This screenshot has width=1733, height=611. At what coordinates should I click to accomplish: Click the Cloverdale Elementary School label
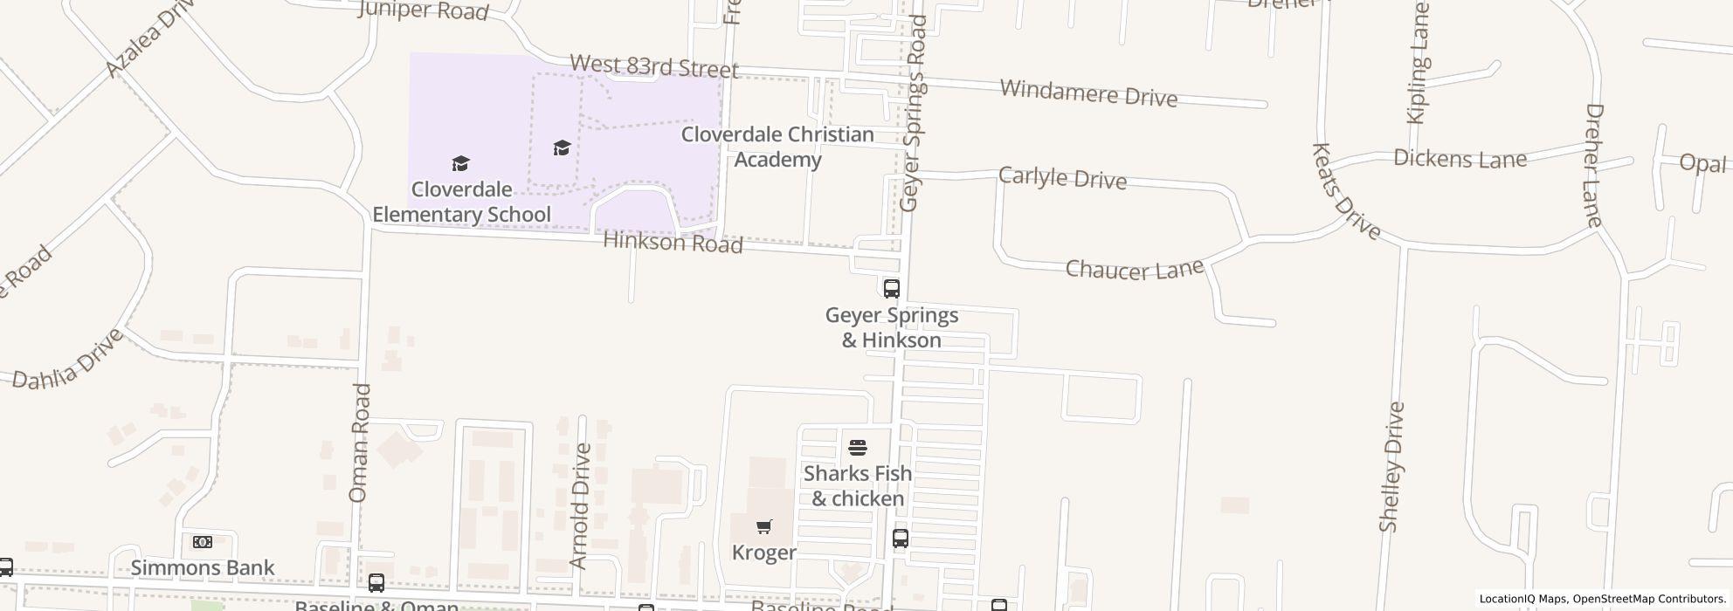(x=461, y=202)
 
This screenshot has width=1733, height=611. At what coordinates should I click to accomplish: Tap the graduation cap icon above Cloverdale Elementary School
(x=460, y=163)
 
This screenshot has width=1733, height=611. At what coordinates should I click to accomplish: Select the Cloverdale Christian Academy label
(x=777, y=147)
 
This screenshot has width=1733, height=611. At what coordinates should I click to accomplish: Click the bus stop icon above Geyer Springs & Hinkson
(x=891, y=288)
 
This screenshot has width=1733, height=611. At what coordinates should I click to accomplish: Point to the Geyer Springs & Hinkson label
(x=892, y=327)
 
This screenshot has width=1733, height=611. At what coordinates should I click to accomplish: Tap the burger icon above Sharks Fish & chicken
(x=858, y=449)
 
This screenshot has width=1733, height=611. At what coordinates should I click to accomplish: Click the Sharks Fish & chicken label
(x=858, y=486)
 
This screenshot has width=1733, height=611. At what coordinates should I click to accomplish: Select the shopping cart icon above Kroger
(x=764, y=526)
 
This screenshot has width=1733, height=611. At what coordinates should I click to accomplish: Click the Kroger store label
(x=764, y=553)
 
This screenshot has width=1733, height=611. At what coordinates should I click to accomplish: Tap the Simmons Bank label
(x=203, y=567)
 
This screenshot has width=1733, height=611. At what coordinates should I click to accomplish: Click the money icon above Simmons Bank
(x=202, y=542)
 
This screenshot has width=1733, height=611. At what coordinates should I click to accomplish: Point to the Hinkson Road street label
(x=673, y=243)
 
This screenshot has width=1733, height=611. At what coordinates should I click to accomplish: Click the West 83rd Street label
(x=654, y=66)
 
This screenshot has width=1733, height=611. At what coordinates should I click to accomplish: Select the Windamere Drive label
(x=1088, y=93)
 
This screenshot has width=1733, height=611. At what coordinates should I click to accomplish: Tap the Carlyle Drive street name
(x=1062, y=178)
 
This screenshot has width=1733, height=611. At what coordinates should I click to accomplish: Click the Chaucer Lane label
(x=1135, y=270)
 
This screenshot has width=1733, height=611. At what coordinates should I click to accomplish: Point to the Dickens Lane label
(x=1460, y=159)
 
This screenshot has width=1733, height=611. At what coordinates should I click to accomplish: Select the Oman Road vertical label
(x=359, y=443)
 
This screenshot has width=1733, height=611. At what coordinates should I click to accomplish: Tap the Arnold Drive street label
(x=579, y=506)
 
